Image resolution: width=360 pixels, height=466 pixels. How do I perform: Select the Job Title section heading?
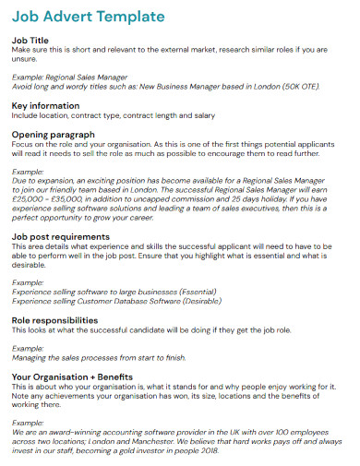[x=30, y=41]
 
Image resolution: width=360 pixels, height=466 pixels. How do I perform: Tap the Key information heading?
[x=46, y=105]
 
